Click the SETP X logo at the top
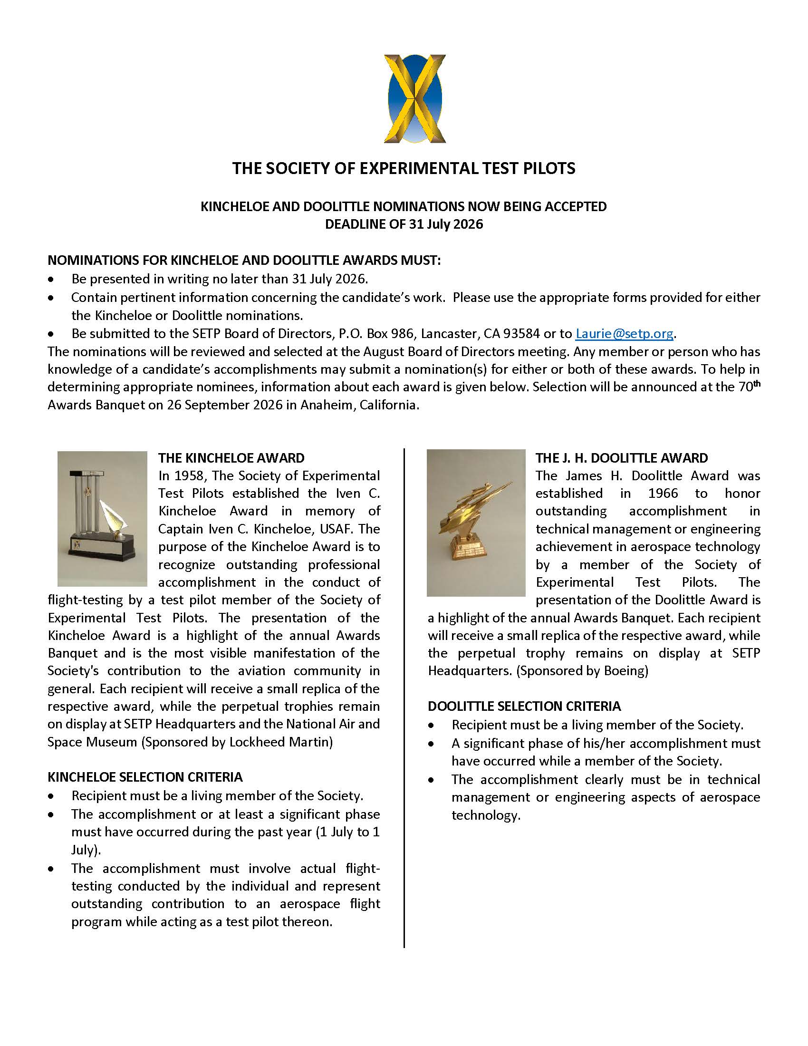(x=414, y=99)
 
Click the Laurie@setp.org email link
(x=624, y=333)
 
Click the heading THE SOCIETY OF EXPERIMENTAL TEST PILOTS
(x=404, y=169)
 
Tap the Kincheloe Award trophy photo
(x=102, y=519)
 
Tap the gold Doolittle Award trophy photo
(x=476, y=523)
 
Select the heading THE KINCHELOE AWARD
(x=231, y=458)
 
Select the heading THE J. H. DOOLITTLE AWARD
(x=621, y=458)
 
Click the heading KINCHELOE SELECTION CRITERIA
(x=145, y=777)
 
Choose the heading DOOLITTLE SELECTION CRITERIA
(x=524, y=707)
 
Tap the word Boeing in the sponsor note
(x=624, y=671)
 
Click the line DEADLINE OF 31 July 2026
(x=404, y=224)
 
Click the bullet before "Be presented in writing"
(x=51, y=280)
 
